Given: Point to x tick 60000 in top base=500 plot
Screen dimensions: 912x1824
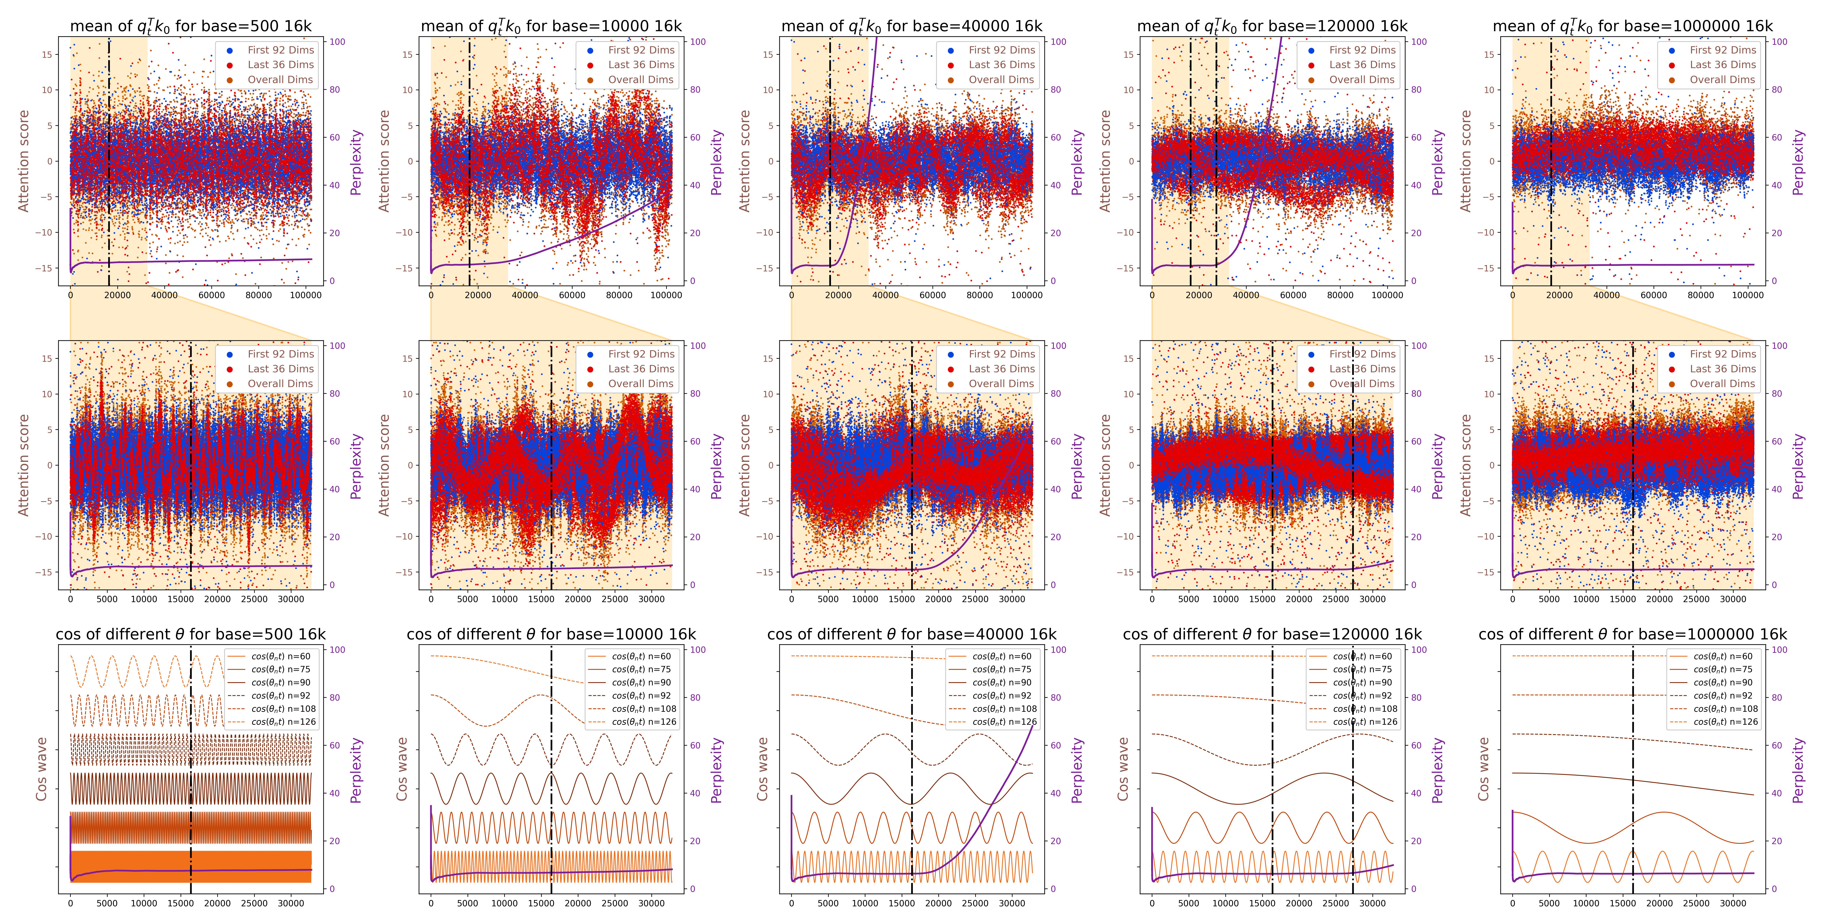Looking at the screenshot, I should pyautogui.click(x=212, y=295).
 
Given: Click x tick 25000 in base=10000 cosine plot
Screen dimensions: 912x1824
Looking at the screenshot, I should pyautogui.click(x=615, y=903).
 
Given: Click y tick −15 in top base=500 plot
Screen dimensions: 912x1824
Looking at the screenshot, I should pyautogui.click(x=47, y=268).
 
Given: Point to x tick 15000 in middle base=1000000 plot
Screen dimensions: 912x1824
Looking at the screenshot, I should pyautogui.click(x=1623, y=599).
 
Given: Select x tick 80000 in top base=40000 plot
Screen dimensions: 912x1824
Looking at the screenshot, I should pyautogui.click(x=980, y=295).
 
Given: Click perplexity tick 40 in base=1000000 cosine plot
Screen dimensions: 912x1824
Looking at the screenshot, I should pyautogui.click(x=1776, y=794).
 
